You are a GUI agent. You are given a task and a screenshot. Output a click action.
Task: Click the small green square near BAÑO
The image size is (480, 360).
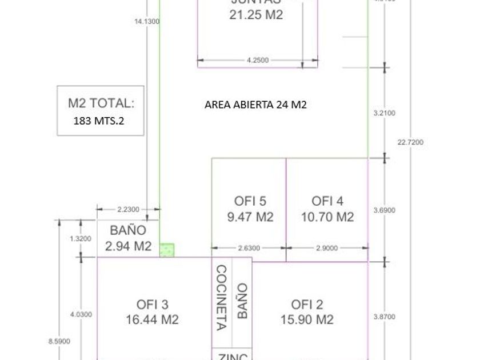point(167,250)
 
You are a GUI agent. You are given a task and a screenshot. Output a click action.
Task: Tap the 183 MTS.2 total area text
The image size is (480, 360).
point(99,121)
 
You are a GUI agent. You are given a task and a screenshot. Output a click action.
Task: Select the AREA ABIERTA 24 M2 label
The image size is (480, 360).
point(255,105)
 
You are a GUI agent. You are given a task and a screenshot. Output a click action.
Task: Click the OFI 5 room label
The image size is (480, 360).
point(250,201)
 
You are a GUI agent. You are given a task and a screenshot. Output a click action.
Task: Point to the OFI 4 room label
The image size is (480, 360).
point(327,201)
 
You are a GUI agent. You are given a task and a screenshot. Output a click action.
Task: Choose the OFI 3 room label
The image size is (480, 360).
point(152,305)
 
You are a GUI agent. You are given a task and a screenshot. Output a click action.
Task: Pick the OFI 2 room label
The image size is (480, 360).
point(307,305)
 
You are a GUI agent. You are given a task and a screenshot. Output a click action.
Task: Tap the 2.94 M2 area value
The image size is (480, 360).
point(129,246)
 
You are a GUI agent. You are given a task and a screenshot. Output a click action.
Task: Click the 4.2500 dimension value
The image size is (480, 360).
point(258,60)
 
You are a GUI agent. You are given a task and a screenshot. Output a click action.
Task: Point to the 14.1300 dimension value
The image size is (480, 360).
point(147,22)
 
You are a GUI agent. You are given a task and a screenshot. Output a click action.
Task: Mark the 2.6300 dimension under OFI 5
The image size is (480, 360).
point(249,248)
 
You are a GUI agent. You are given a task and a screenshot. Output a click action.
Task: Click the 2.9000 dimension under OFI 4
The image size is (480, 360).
point(326,248)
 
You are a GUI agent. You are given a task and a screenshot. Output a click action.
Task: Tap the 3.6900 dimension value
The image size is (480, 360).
point(384,210)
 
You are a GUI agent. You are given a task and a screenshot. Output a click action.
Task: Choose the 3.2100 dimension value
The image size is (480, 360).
point(384,113)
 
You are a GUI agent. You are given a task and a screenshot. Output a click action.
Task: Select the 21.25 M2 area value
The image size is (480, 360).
point(256,15)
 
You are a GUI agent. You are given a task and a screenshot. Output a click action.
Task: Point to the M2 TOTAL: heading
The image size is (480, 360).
point(101,103)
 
